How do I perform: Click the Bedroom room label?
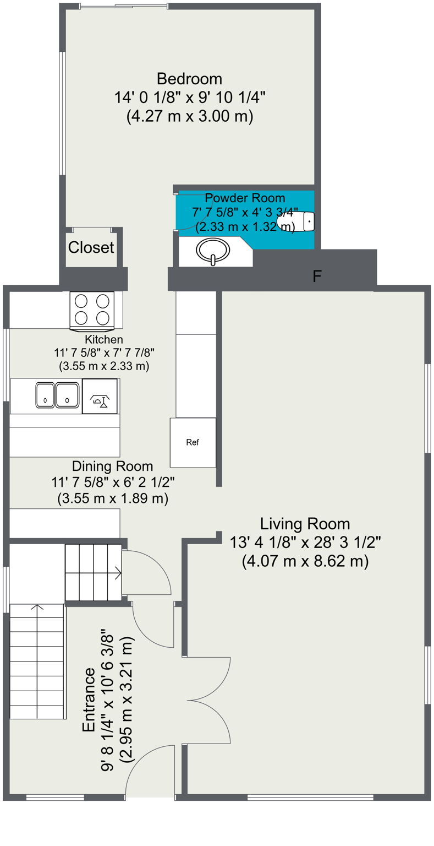click(x=189, y=79)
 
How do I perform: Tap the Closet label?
click(x=91, y=248)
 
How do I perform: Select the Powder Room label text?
click(x=245, y=198)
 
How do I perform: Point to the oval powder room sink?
click(x=213, y=251)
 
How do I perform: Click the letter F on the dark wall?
click(x=317, y=276)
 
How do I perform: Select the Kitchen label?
click(x=104, y=339)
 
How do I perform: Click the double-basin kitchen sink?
click(x=57, y=395)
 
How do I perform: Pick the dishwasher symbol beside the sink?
click(x=100, y=396)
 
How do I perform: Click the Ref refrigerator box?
click(x=193, y=442)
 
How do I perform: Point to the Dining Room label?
click(x=112, y=466)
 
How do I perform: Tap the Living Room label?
click(x=305, y=524)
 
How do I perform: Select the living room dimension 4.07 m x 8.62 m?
click(x=305, y=561)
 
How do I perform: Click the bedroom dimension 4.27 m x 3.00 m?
click(x=189, y=116)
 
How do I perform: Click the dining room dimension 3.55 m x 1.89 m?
click(x=112, y=498)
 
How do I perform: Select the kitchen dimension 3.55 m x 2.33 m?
click(x=104, y=366)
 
